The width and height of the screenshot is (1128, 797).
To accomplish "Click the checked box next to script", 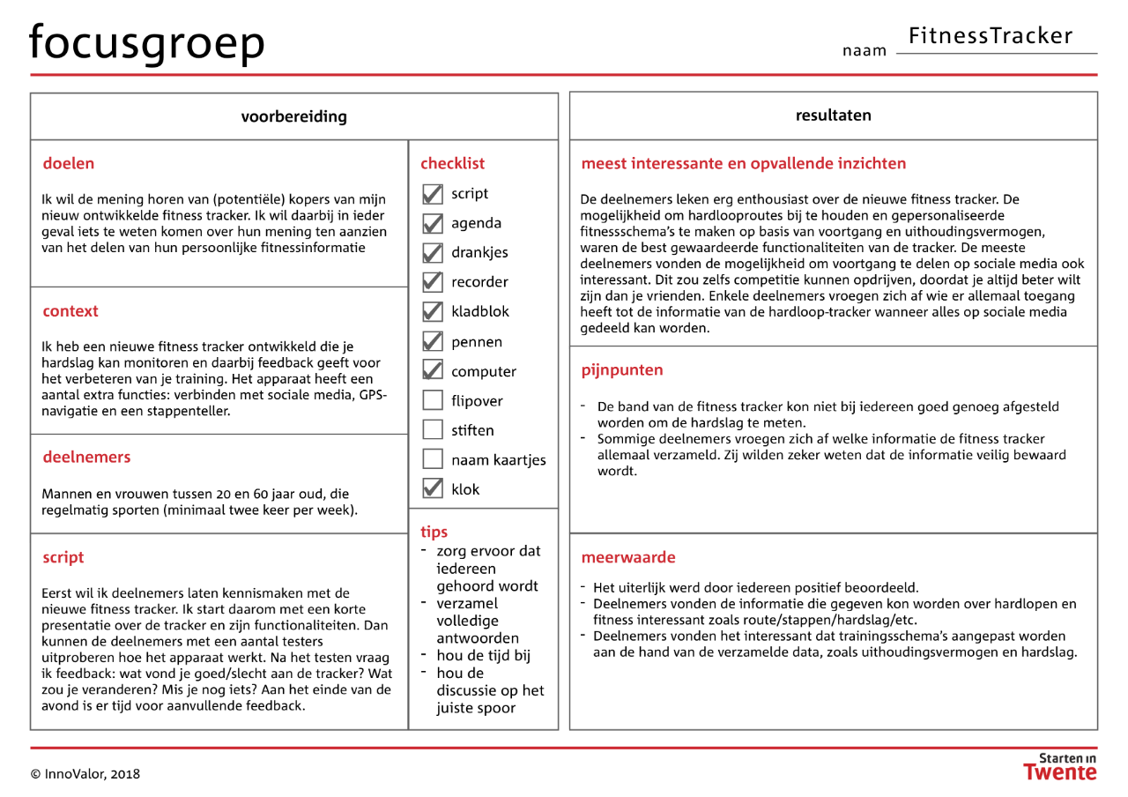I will point(433,194).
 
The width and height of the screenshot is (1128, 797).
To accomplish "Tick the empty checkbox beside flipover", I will point(433,401).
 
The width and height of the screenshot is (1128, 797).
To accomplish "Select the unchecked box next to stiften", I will point(433,430).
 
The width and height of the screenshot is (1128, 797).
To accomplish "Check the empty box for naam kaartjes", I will point(433,459).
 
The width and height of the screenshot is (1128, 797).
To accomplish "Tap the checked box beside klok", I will point(433,488).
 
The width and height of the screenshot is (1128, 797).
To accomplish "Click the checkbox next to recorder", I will point(433,282).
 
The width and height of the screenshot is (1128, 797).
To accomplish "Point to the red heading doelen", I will point(68,163).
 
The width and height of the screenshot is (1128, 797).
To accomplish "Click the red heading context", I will point(70,311).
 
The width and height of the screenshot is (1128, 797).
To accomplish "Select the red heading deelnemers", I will point(86,457).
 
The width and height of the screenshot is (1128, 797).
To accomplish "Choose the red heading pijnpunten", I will point(622,370).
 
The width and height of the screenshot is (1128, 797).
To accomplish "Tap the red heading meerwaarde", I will point(628,557).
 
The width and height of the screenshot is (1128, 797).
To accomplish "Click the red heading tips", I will point(434,532).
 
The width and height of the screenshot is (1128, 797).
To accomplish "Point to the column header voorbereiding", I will point(293,116).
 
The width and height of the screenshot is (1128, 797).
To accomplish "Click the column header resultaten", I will point(833,115).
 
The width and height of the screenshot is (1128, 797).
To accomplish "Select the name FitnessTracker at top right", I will point(991,36).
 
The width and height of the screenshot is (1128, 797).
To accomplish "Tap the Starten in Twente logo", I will point(1060,766).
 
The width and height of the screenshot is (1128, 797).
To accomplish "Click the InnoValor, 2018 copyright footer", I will point(85,774).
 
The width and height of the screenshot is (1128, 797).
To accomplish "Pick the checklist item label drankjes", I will point(479,252).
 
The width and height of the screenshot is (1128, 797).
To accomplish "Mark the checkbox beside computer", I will point(433,371).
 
